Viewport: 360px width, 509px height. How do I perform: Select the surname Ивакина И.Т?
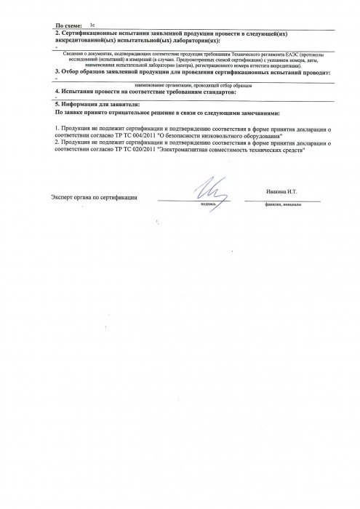pyautogui.click(x=284, y=192)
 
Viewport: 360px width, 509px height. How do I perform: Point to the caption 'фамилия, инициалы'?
pyautogui.click(x=284, y=204)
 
